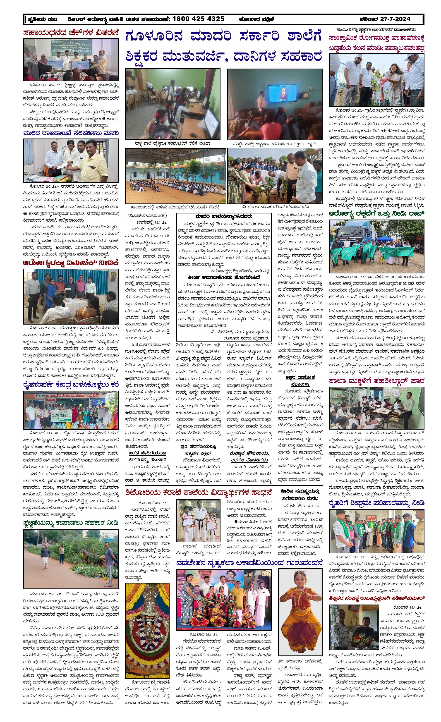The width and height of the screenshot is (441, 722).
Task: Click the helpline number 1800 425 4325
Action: (x=198, y=19)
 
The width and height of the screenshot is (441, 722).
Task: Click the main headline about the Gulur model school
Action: (x=224, y=47)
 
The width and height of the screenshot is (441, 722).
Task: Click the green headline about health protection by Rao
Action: (x=376, y=215)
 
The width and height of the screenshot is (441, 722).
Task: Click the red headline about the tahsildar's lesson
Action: (x=376, y=381)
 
